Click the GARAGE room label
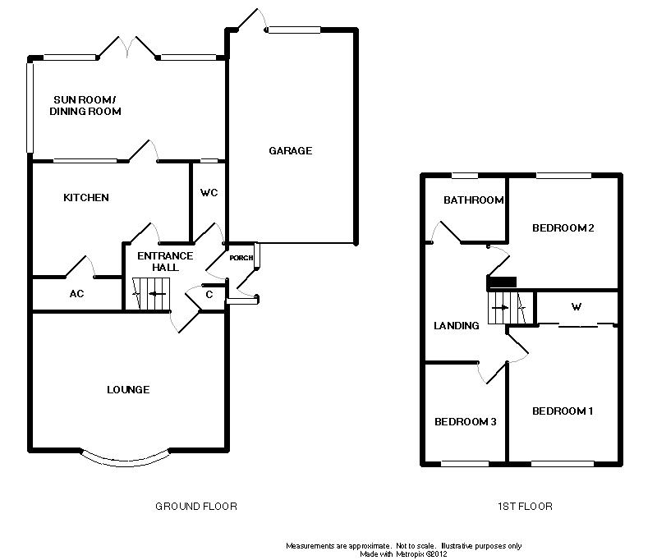[x=291, y=151]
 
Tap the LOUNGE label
[x=128, y=389]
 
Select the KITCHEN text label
[x=86, y=198]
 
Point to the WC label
[x=209, y=193]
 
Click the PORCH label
[x=241, y=258]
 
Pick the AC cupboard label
[x=77, y=294]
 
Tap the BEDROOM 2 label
[x=563, y=228]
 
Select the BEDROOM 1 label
[x=562, y=411]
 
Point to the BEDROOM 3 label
[x=465, y=422]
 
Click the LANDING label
[x=457, y=326]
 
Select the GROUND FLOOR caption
[x=196, y=507]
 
